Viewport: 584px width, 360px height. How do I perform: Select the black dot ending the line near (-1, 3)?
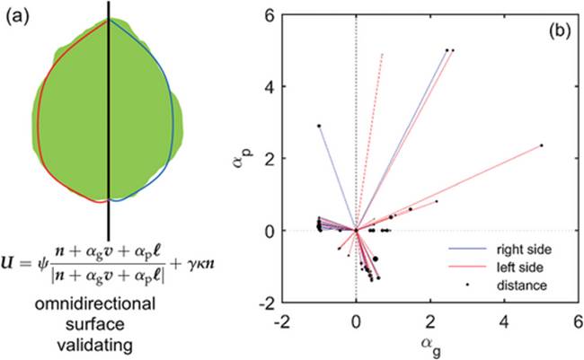pyautogui.click(x=319, y=126)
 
